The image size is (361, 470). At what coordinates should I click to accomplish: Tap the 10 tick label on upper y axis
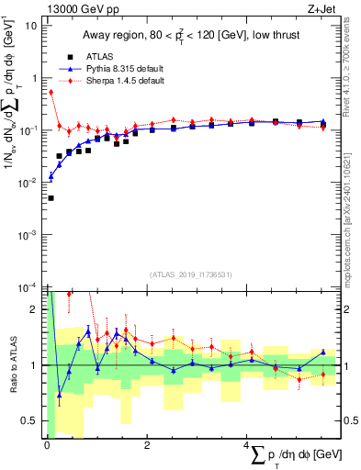point(32,25)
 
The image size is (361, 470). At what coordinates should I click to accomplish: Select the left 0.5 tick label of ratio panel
point(31,421)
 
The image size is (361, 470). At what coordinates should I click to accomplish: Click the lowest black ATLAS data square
point(51,197)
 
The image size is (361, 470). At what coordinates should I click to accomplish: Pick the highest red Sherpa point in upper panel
point(51,92)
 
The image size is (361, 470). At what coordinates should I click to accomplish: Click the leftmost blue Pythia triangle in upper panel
point(51,175)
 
